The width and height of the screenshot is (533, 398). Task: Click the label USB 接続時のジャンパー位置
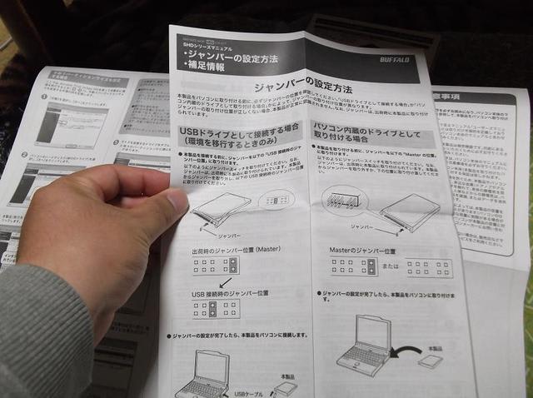[x=230, y=294]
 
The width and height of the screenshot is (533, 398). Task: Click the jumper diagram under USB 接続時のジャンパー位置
[x=214, y=310]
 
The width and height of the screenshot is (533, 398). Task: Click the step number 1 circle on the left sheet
[x=44, y=97]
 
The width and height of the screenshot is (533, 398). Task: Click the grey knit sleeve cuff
[x=50, y=333]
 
